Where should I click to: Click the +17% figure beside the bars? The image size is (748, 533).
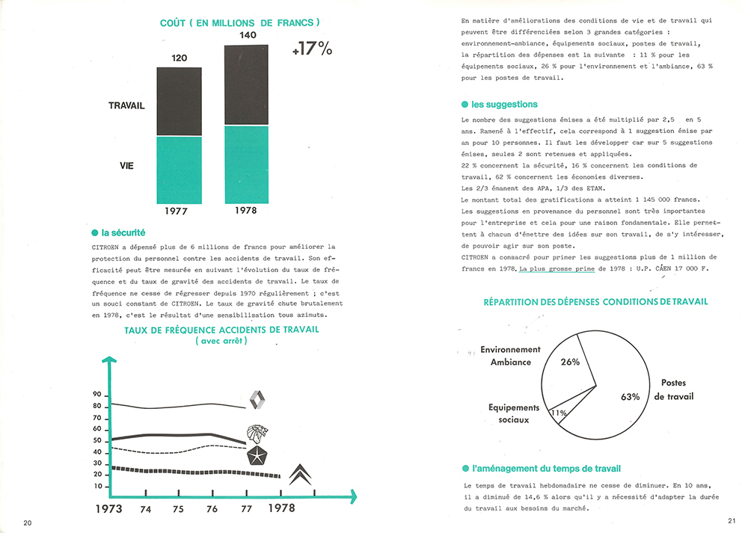pyautogui.click(x=312, y=49)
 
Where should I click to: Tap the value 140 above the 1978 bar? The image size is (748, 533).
pyautogui.click(x=247, y=35)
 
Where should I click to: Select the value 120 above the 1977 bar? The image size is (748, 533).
pyautogui.click(x=179, y=58)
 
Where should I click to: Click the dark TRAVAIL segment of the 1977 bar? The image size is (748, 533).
pyautogui.click(x=179, y=102)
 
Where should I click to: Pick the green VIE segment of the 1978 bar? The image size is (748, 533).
pyautogui.click(x=247, y=164)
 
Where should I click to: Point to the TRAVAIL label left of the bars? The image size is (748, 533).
pyautogui.click(x=126, y=106)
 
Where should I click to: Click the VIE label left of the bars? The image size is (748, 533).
pyautogui.click(x=126, y=165)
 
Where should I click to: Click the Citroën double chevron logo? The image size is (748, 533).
pyautogui.click(x=301, y=473)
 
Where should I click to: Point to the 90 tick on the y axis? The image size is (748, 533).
pyautogui.click(x=97, y=394)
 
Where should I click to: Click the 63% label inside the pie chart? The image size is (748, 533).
pyautogui.click(x=629, y=396)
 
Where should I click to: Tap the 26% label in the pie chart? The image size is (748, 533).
pyautogui.click(x=570, y=362)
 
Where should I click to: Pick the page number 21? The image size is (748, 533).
pyautogui.click(x=731, y=521)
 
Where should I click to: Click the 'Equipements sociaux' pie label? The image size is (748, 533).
pyautogui.click(x=513, y=413)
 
